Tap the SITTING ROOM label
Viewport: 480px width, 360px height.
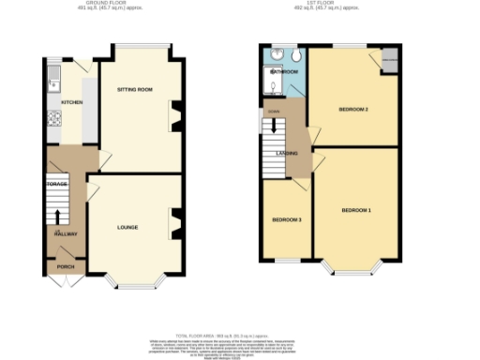click(x=134, y=89)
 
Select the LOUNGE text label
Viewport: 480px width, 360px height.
click(x=127, y=227)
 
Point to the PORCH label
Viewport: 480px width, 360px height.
click(x=65, y=265)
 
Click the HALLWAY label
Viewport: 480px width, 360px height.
click(x=65, y=234)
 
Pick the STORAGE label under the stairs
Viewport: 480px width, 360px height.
click(x=57, y=185)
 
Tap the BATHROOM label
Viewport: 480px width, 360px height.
click(x=285, y=72)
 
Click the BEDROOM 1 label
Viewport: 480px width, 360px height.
click(x=356, y=209)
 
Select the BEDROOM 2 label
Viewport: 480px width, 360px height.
click(x=353, y=110)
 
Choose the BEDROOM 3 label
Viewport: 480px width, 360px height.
click(x=286, y=219)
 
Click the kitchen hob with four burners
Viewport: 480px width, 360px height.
click(x=53, y=118)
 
